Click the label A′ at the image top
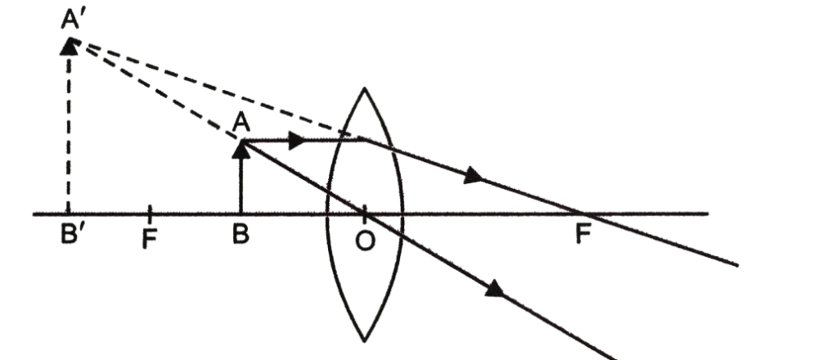[73, 21]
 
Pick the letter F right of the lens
[582, 234]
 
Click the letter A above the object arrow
[241, 124]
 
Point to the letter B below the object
[240, 234]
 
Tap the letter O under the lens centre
[365, 241]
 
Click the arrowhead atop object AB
[240, 149]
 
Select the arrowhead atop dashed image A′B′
[69, 46]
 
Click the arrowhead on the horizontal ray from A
[297, 141]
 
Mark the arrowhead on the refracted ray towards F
[474, 175]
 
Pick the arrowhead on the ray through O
[495, 289]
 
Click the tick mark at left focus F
[150, 213]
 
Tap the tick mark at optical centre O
[365, 213]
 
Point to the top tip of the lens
[365, 88]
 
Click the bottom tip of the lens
[365, 342]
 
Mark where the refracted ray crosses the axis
[582, 214]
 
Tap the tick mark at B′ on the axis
[69, 213]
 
